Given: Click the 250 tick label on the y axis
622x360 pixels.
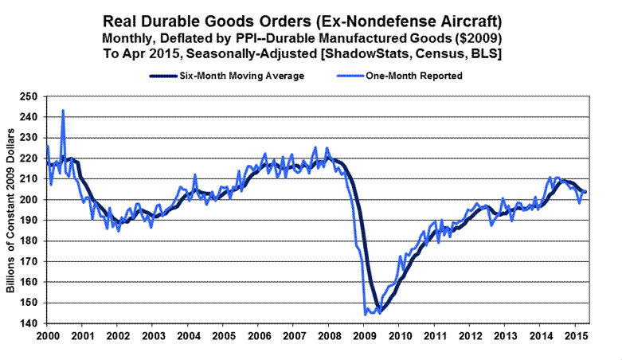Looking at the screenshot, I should tap(32, 96).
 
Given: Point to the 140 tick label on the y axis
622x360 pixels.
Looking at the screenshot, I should tap(32, 323).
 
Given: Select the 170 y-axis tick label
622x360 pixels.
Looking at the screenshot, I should tap(32, 262).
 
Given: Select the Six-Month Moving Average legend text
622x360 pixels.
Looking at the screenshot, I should tap(239, 76).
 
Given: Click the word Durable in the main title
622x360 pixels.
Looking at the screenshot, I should tap(229, 22).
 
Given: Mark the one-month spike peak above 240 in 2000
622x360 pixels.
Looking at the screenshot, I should tap(63, 111).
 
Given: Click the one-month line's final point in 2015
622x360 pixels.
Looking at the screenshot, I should tap(587, 192).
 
